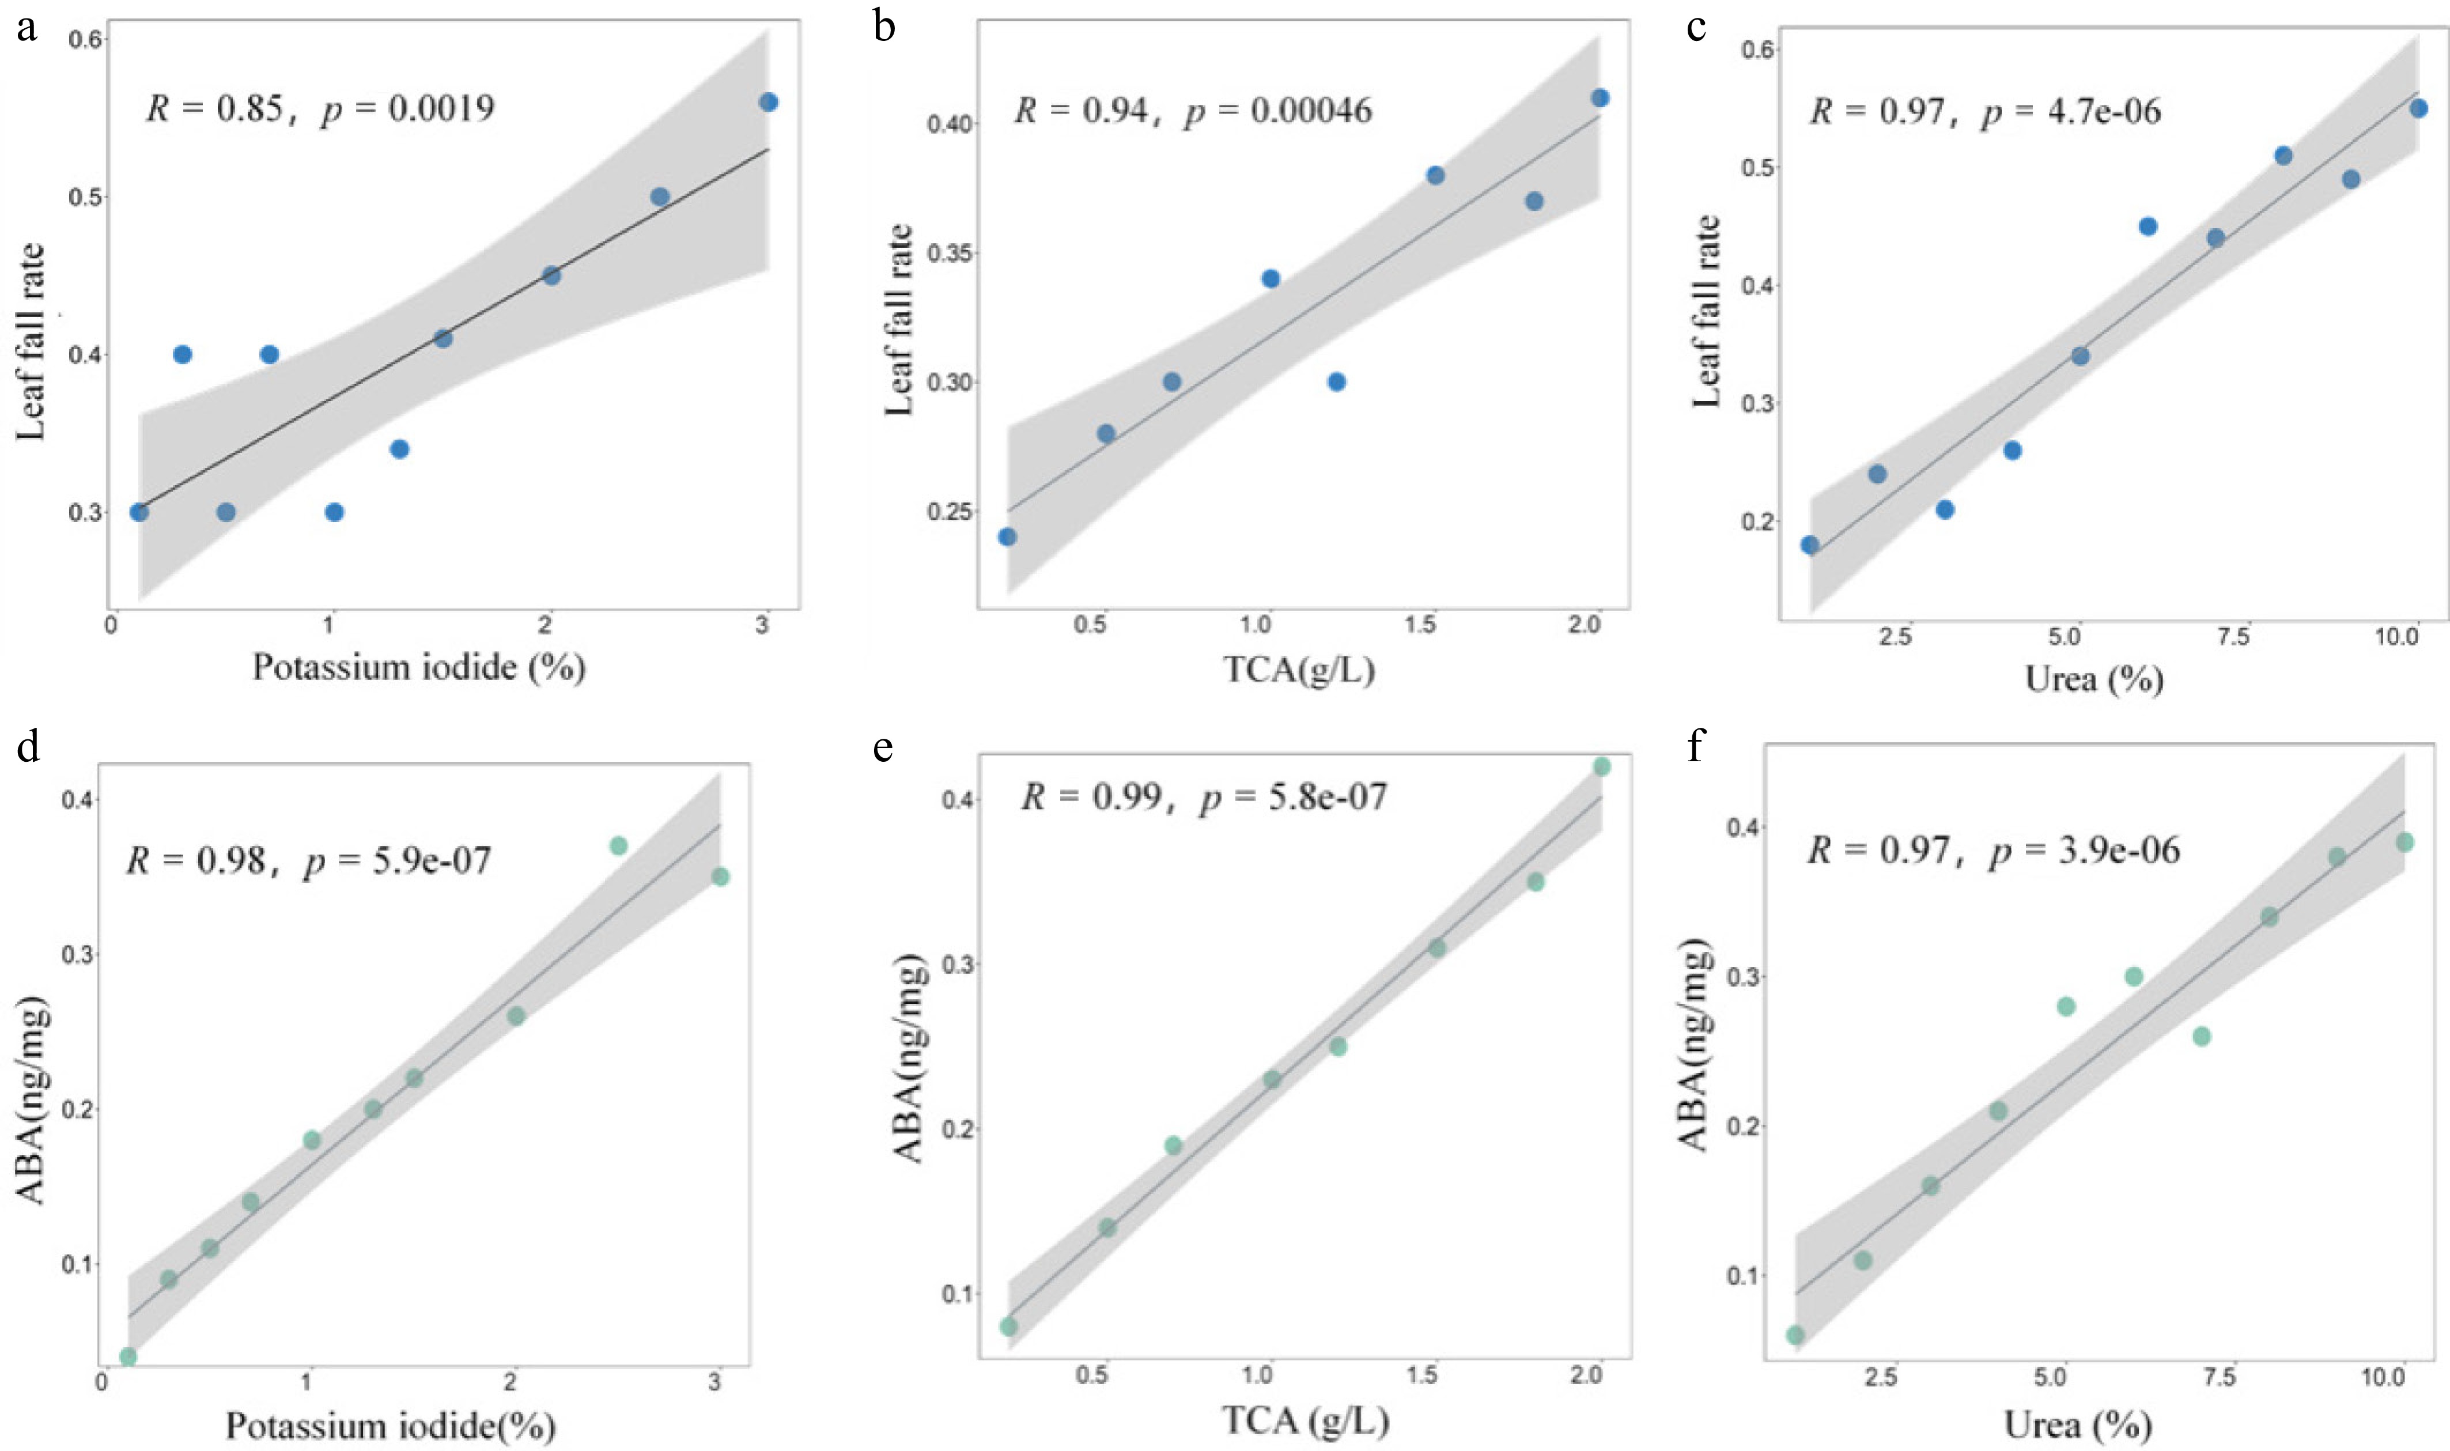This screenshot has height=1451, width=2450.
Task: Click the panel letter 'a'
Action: [28, 28]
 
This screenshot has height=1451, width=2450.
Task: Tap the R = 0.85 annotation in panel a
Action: [215, 108]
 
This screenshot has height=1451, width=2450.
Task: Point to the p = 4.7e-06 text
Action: [2071, 111]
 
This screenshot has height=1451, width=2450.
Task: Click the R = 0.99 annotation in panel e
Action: [1091, 797]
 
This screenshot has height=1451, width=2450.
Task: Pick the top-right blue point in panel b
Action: [1600, 98]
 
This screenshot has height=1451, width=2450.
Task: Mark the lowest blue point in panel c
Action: [1810, 545]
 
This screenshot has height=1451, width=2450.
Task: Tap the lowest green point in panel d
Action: [127, 1356]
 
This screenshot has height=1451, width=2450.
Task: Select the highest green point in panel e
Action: [1601, 766]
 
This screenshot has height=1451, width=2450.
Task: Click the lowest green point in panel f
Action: [1795, 1335]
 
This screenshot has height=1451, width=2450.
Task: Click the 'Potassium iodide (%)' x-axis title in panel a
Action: [418, 667]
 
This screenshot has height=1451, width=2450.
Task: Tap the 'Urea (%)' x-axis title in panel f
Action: [2078, 1424]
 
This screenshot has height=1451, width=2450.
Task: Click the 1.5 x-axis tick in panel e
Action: [1421, 1376]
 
